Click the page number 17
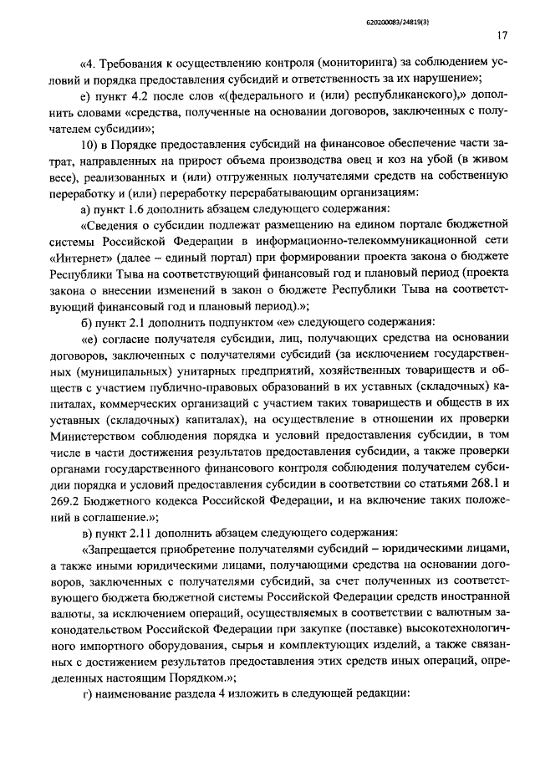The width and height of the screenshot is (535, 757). (502, 35)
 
